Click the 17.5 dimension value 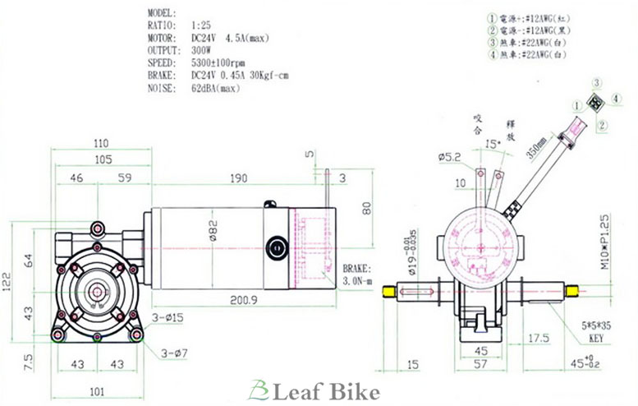[x=539, y=337]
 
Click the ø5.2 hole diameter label [x=452, y=155]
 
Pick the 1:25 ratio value [x=200, y=25]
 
